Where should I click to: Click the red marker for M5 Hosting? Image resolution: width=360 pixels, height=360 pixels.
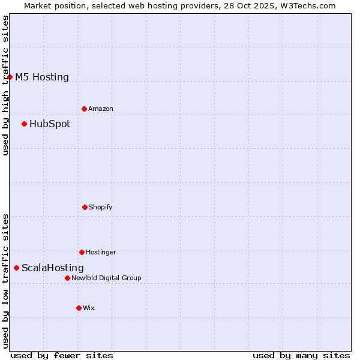10,77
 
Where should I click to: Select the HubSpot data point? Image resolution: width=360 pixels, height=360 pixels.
24,124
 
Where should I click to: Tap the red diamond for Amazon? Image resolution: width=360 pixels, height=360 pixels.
84,109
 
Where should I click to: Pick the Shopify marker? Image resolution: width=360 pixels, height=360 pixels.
85,207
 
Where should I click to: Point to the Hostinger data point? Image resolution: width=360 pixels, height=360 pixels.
82,252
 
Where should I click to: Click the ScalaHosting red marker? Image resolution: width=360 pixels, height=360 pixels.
16,268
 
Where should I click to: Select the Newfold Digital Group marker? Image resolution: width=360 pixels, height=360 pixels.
67,278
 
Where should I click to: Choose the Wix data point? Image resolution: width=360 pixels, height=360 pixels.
79,308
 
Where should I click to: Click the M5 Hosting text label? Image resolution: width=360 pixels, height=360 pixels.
42,77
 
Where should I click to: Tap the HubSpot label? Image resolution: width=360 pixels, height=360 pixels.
50,124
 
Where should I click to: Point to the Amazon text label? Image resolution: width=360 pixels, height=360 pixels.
101,109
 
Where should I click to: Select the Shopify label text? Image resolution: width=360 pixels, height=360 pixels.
101,207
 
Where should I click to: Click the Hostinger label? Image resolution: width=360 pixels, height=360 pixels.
101,252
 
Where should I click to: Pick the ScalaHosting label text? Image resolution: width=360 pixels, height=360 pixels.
53,268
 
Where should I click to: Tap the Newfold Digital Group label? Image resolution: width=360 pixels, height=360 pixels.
106,278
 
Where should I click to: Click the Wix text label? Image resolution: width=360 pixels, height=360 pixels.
89,308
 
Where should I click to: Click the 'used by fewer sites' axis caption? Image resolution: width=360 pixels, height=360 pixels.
62,355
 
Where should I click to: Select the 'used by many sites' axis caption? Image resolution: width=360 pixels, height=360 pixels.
301,355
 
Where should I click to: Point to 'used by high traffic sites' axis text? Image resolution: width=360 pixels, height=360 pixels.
5,85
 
